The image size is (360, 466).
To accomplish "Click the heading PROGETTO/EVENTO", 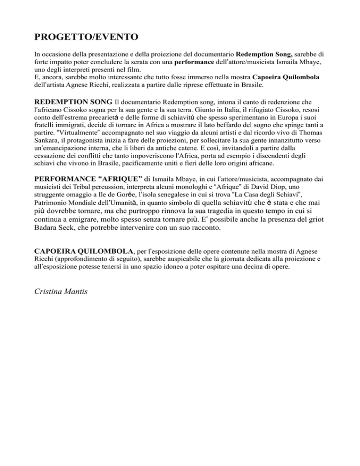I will click(81, 36).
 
